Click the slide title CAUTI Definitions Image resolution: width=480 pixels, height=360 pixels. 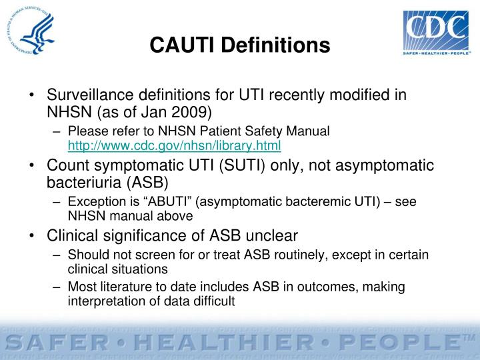(x=240, y=45)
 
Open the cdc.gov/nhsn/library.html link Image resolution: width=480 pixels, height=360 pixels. (x=174, y=145)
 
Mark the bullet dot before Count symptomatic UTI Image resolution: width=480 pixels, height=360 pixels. (x=31, y=165)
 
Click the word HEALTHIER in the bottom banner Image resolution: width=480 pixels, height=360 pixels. (x=219, y=343)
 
